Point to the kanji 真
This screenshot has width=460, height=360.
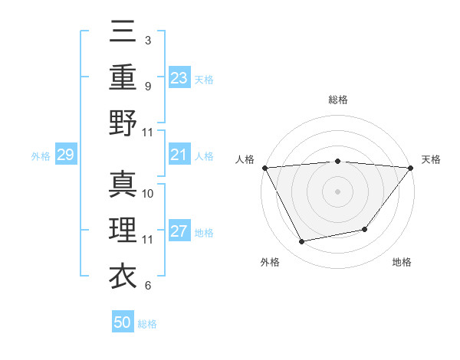pyautogui.click(x=123, y=184)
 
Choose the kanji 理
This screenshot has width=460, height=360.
pyautogui.click(x=123, y=230)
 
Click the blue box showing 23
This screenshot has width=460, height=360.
pyautogui.click(x=179, y=77)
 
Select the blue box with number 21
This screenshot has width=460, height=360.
pyautogui.click(x=179, y=155)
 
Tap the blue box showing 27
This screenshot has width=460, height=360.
pyautogui.click(x=179, y=232)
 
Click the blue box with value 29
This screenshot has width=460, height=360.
pyautogui.click(x=65, y=155)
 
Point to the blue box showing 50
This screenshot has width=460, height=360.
pyautogui.click(x=123, y=322)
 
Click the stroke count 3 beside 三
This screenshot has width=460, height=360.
pyautogui.click(x=147, y=39)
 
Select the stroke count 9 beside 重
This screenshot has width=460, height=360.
pyautogui.click(x=147, y=86)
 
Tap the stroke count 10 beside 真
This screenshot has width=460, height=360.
pyautogui.click(x=149, y=193)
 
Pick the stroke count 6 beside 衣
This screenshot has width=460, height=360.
pyautogui.click(x=147, y=286)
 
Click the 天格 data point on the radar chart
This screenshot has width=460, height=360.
pyautogui.click(x=411, y=167)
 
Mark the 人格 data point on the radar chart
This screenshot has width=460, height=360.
pyautogui.click(x=264, y=167)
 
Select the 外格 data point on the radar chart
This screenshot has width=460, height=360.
pyautogui.click(x=302, y=242)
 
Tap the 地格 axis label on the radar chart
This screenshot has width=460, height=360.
pyautogui.click(x=402, y=262)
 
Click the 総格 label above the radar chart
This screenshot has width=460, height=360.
pyautogui.click(x=337, y=100)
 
